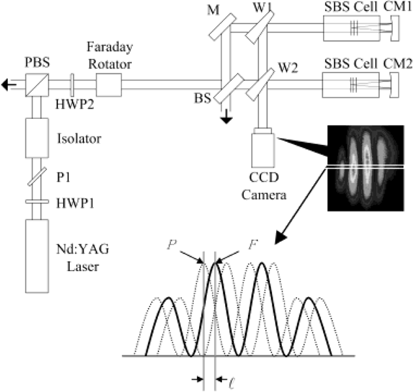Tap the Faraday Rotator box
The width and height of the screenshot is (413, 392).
click(108, 84)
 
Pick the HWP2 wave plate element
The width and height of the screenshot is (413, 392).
click(71, 84)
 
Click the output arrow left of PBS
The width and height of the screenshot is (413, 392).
click(10, 84)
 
